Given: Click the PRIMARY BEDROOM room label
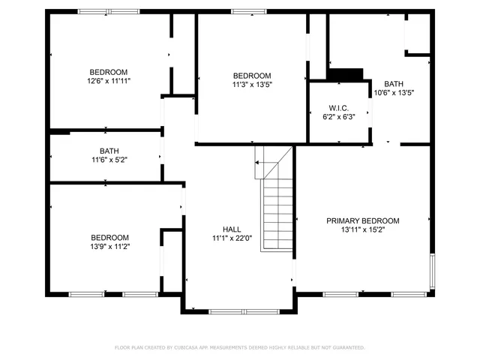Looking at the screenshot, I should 362,220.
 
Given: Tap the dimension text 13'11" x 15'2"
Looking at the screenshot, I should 362,230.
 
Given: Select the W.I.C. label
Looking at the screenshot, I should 338,106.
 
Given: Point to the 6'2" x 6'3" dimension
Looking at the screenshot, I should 338,116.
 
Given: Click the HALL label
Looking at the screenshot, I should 232,229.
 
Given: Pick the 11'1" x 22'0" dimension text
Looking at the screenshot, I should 232,238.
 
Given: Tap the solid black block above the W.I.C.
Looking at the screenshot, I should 345,74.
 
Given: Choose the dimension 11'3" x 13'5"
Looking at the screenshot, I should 251,85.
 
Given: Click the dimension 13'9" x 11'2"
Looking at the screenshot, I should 109,246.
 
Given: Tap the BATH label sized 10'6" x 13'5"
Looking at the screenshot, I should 394,83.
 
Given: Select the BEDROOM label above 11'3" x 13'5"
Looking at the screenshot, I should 251,76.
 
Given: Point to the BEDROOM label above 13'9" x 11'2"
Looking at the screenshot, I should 109,237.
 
